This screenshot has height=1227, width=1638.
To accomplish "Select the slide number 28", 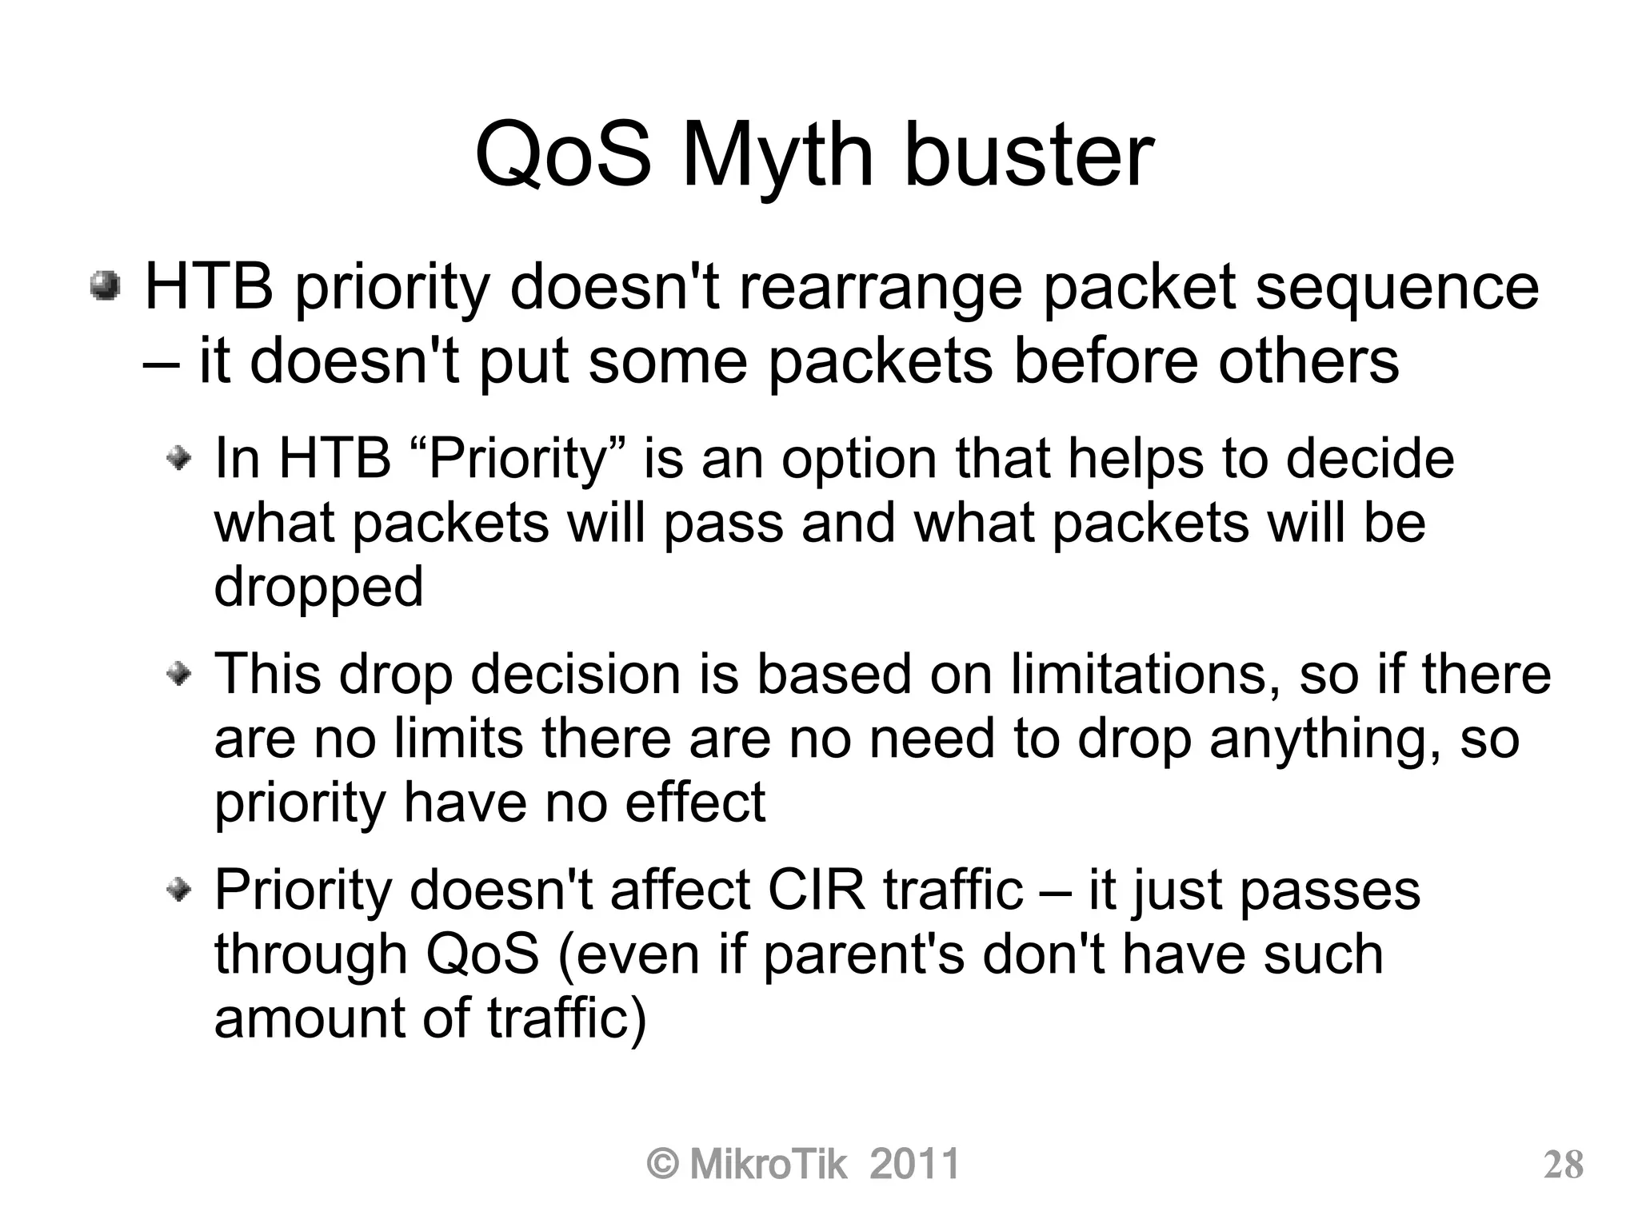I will [1563, 1165].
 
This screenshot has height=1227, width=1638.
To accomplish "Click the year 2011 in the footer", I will [914, 1164].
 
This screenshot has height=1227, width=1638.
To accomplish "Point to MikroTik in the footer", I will [767, 1164].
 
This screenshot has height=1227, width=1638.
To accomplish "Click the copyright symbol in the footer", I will [663, 1165].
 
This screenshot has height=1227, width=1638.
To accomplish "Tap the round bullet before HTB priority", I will [105, 286].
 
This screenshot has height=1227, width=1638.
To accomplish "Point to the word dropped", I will [318, 588].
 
